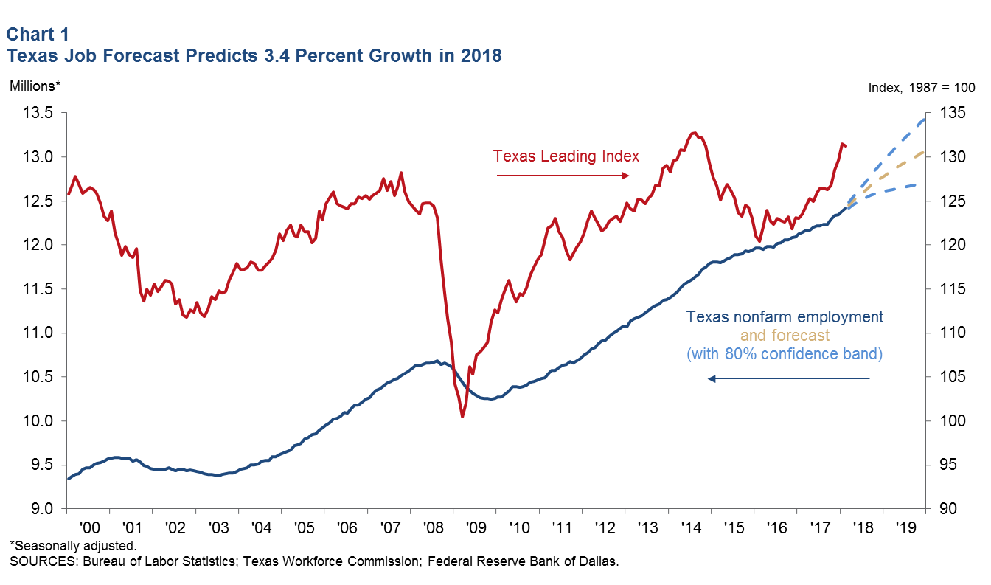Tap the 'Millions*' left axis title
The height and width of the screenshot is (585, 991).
(34, 86)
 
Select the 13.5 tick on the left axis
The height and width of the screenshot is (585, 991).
(39, 114)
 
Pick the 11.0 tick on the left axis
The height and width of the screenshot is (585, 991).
(39, 333)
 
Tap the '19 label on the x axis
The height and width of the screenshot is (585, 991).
(905, 529)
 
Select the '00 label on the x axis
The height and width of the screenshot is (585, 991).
(90, 529)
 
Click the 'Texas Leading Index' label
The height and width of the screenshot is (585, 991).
(566, 156)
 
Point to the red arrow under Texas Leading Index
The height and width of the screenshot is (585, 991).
(563, 176)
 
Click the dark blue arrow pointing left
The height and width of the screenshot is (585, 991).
(789, 378)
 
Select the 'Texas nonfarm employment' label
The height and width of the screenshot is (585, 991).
(785, 317)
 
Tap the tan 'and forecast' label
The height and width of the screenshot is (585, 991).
(785, 336)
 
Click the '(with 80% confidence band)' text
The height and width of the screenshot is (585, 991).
(785, 354)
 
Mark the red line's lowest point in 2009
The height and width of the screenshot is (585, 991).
(462, 417)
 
